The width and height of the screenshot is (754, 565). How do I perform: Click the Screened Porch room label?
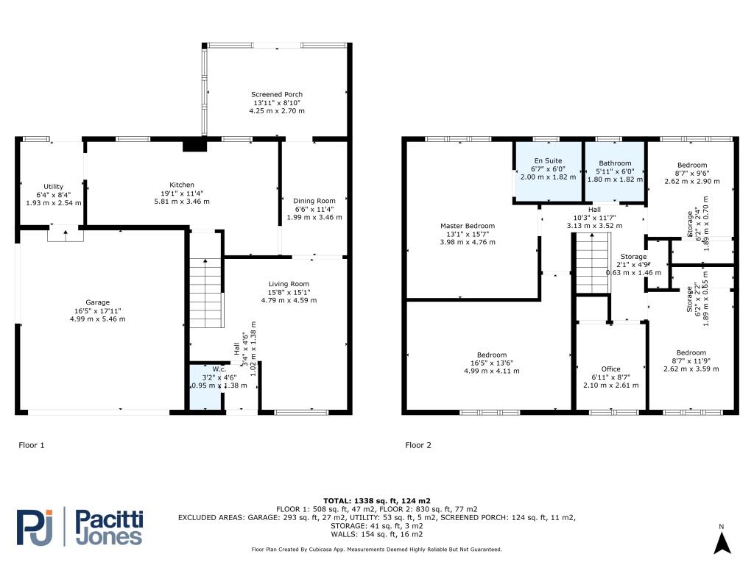[277, 95]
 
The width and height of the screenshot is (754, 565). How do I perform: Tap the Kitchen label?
[182, 185]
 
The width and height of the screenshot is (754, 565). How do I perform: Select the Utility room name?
[53, 186]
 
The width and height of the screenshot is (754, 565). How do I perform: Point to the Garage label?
[98, 302]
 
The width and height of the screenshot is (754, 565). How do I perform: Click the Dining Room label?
[314, 201]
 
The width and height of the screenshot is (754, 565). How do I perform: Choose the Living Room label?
[289, 284]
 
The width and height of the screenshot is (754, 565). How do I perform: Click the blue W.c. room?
[206, 387]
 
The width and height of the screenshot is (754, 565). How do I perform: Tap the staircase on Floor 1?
[206, 293]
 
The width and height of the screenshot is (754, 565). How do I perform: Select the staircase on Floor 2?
[593, 263]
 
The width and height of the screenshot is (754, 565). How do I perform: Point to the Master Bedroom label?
[468, 226]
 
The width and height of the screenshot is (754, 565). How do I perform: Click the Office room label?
[610, 369]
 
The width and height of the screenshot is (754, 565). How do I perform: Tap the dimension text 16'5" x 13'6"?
[491, 363]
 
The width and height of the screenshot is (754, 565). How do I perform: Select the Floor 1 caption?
[31, 445]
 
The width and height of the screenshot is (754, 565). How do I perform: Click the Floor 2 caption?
[418, 445]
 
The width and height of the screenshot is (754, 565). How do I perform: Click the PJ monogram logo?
[35, 527]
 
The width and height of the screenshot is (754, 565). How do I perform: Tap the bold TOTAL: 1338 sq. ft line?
[376, 500]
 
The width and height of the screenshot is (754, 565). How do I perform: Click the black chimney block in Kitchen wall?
[194, 144]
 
